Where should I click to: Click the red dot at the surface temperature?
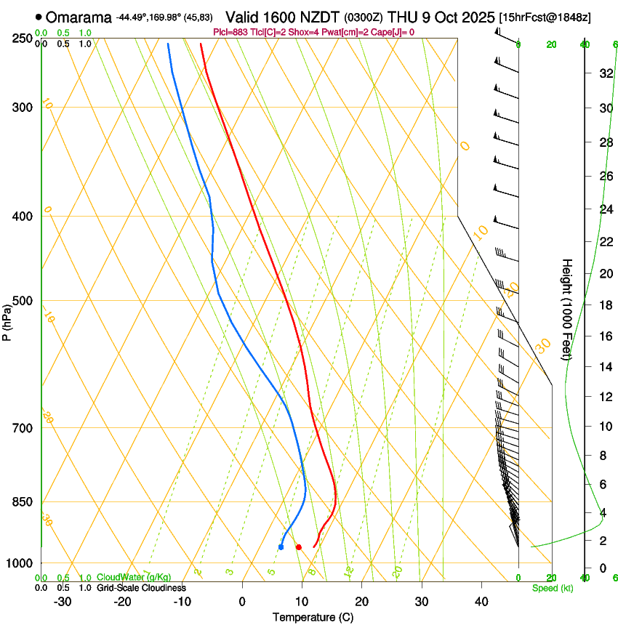(298, 547)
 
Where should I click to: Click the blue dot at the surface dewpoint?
(281, 547)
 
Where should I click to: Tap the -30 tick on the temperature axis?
(62, 601)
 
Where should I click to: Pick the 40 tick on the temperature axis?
(481, 601)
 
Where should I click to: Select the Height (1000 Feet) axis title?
(567, 309)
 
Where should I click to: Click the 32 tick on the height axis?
(603, 73)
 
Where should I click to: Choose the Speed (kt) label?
(552, 588)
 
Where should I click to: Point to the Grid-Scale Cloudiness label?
(141, 588)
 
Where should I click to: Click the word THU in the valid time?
(402, 17)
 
